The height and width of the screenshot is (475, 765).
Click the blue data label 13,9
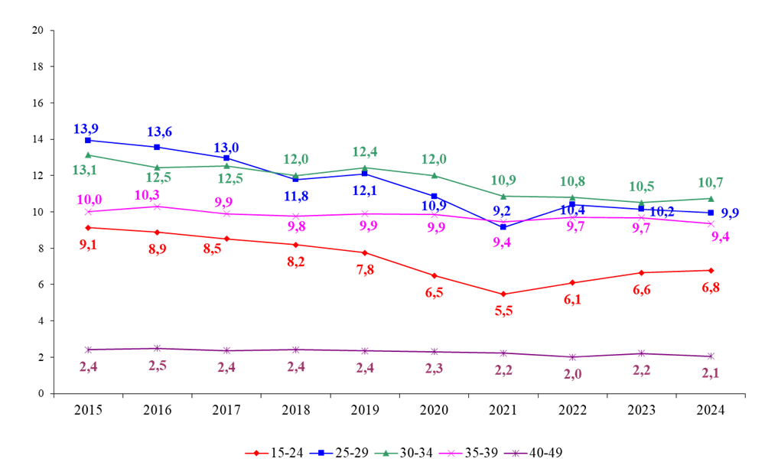86,129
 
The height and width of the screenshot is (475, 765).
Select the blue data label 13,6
159,132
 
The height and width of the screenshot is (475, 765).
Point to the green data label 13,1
84,170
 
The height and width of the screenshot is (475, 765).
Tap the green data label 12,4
365,151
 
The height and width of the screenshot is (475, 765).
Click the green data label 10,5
641,187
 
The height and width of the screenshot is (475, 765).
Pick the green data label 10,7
710,183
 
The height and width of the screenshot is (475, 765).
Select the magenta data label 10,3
147,195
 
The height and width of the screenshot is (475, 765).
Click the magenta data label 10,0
90,200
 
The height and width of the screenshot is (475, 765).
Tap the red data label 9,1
89,245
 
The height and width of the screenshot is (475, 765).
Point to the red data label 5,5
503,311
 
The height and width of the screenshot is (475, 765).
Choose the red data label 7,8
365,269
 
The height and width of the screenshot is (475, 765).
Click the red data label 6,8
711,288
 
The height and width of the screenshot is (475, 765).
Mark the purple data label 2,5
158,366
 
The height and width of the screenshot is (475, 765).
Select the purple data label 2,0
572,374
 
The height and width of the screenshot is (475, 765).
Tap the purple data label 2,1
711,373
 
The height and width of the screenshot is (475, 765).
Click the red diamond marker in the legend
256,453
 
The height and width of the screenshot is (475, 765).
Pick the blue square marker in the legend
321,453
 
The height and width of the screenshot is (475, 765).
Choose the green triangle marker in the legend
386,453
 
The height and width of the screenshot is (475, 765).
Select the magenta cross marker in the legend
451,453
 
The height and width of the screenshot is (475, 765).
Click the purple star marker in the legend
516,453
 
